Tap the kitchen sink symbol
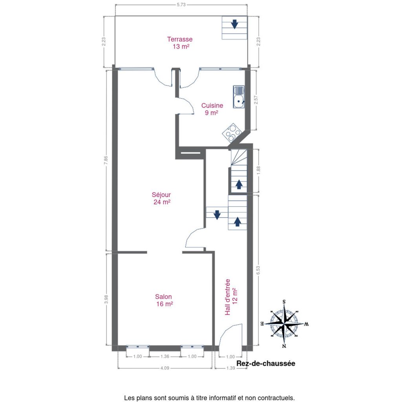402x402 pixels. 239,97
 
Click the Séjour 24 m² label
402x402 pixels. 161,198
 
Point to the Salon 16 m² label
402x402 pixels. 164,300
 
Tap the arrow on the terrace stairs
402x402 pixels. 235,24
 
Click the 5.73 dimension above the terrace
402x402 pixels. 181,5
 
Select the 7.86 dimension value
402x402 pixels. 106,161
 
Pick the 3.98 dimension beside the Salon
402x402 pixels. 106,299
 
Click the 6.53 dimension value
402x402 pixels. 258,270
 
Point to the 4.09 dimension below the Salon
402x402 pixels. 165,368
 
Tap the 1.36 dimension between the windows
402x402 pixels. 165,356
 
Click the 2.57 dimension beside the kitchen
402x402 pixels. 256,100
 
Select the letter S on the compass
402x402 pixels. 284,302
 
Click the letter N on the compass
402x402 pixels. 284,346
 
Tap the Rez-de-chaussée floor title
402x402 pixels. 266,364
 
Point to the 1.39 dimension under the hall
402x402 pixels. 230,368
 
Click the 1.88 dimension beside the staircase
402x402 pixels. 258,170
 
